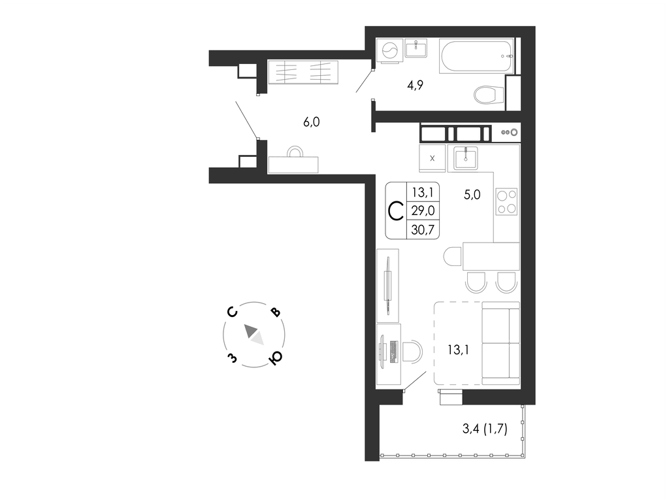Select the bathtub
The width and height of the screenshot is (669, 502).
click(x=476, y=56)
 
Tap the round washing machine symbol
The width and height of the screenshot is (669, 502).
click(x=389, y=51)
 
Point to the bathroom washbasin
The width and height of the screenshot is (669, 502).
click(x=416, y=48)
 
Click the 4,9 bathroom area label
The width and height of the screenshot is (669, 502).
click(x=415, y=86)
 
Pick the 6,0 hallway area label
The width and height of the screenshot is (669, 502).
click(x=312, y=122)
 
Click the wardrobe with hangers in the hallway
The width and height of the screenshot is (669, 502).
click(x=303, y=72)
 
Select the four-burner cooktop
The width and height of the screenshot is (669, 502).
click(x=507, y=201)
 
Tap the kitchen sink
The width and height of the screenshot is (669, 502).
click(x=465, y=158)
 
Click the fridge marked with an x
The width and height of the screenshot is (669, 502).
click(x=432, y=158)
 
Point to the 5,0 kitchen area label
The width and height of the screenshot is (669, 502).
click(x=472, y=195)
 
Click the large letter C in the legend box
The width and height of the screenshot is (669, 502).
click(x=396, y=211)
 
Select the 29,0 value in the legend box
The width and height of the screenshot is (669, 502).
click(x=423, y=210)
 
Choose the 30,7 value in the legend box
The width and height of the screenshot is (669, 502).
click(x=423, y=230)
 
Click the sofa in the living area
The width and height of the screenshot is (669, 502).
click(x=501, y=343)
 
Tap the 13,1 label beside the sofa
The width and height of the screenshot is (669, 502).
click(x=458, y=350)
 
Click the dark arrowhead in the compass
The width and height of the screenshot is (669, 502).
click(x=250, y=331)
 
